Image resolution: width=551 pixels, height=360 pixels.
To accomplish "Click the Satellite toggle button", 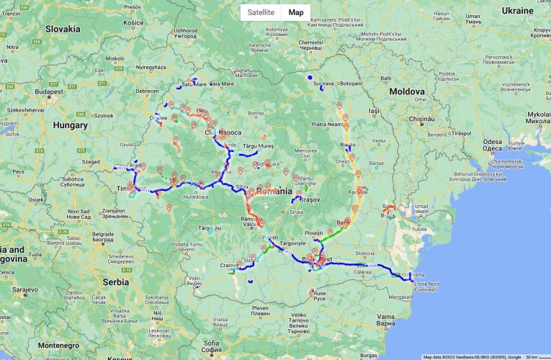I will [260, 12].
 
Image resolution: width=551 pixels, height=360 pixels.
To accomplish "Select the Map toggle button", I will [296, 12].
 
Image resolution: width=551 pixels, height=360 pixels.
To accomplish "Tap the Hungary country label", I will [69, 125].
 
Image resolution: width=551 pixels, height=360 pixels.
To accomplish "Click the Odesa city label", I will [493, 142].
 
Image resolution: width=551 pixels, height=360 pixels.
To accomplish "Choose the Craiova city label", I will [230, 266].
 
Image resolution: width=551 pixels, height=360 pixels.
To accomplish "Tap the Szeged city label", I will [91, 162].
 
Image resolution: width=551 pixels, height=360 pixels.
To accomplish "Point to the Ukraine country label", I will [517, 11].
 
